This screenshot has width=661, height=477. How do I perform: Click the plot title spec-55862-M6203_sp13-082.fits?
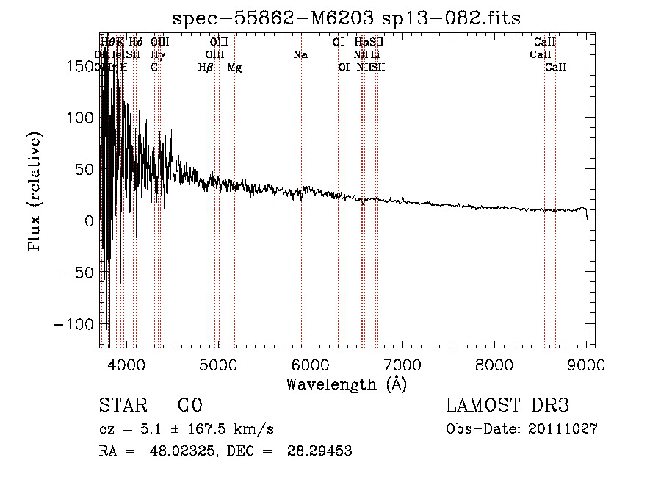pyautogui.click(x=346, y=18)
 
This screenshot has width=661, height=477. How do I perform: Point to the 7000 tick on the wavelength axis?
pyautogui.click(x=402, y=365)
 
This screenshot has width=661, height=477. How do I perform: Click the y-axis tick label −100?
pyautogui.click(x=75, y=324)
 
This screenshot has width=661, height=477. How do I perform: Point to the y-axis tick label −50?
pyautogui.click(x=79, y=273)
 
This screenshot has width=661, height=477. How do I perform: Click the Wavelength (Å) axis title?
pyautogui.click(x=346, y=384)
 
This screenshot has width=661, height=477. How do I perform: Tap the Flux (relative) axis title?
pyautogui.click(x=35, y=191)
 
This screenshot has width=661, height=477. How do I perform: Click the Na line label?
pyautogui.click(x=300, y=54)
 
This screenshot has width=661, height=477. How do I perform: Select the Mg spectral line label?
pyautogui.click(x=234, y=68)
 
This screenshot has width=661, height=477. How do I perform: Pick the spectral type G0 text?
pyautogui.click(x=189, y=406)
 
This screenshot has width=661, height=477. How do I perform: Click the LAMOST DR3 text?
pyautogui.click(x=507, y=406)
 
